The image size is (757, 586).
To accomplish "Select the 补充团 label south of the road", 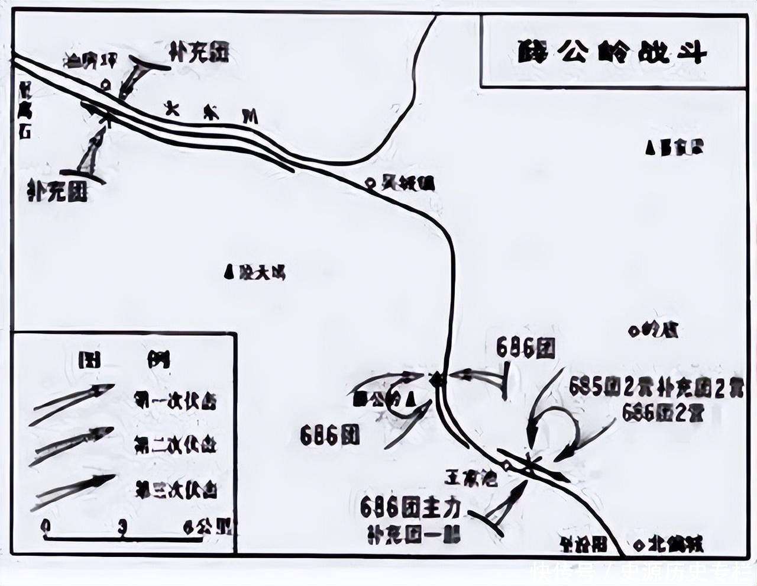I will point(57,191).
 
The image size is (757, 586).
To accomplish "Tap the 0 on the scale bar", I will point(46,526).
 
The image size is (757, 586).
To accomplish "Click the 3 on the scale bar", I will point(122,526).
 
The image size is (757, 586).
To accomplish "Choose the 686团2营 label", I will point(662,413).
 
